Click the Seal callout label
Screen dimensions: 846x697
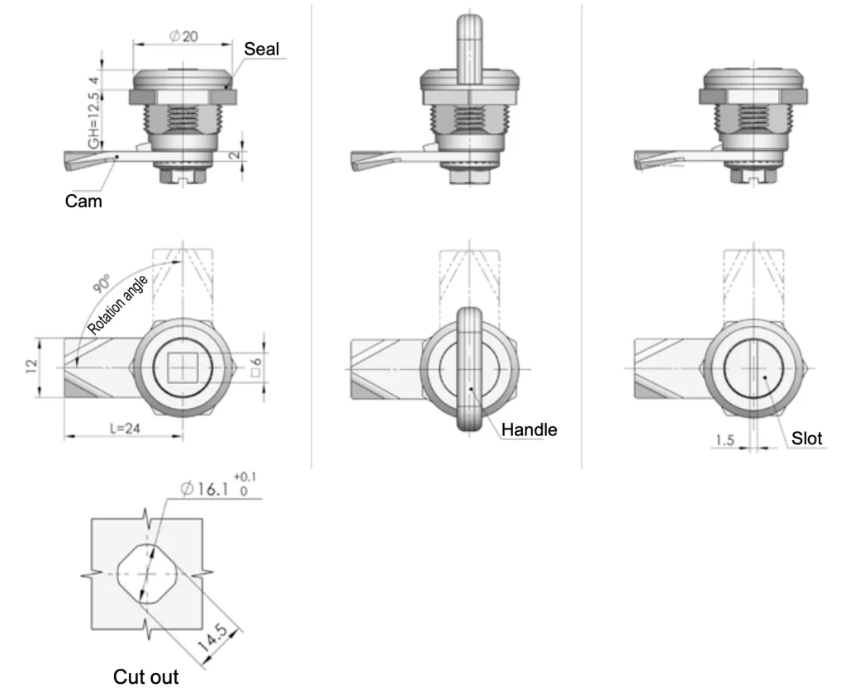point(261,49)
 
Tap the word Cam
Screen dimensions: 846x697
point(83,202)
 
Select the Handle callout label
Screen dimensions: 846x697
point(529,429)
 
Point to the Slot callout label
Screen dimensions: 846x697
point(806,439)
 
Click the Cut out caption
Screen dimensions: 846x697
point(145,676)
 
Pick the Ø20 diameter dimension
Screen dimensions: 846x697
point(183,36)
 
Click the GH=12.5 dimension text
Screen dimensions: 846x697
point(94,121)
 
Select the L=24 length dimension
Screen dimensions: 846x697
point(125,429)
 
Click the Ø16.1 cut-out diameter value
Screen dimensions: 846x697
point(205,489)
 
